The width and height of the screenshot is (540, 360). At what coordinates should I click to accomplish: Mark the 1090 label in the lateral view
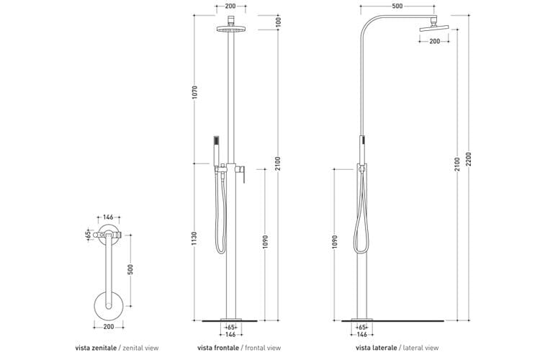coord(335,241)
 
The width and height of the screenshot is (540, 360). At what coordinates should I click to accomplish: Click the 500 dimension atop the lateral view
coord(397,6)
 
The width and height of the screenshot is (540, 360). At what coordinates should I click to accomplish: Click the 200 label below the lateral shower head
coord(435,41)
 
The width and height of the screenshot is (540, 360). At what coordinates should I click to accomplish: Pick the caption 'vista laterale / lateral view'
coord(396,346)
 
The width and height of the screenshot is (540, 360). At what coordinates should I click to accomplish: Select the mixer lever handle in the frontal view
coord(243,175)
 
